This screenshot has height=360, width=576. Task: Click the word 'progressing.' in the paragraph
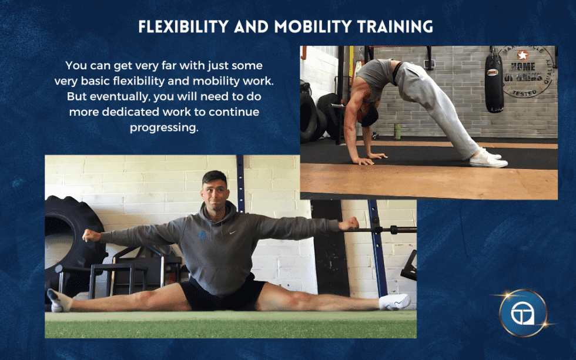point(164,127)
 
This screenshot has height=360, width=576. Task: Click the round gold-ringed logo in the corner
point(523,314)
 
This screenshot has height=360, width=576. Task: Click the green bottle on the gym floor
point(397,132)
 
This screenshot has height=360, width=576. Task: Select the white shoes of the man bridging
point(488,157)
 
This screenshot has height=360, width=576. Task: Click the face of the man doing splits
point(215,189)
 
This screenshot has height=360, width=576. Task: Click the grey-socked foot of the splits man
point(58,300)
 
